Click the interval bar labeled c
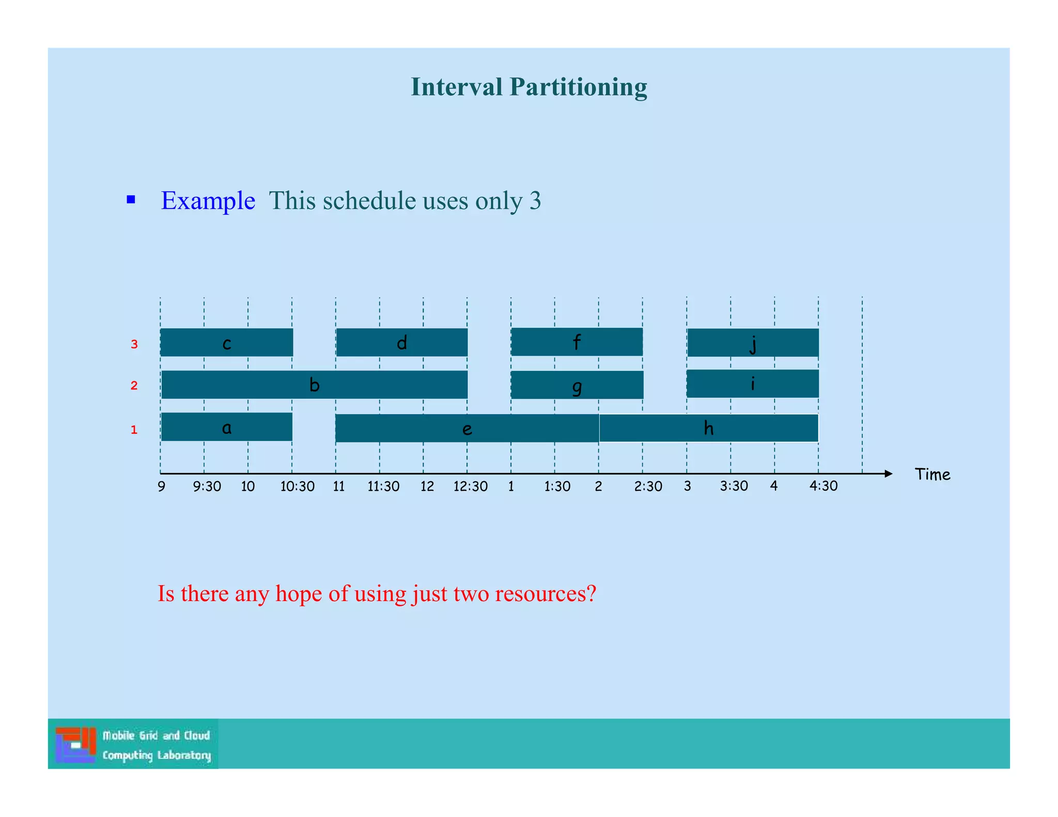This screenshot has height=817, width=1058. tap(226, 342)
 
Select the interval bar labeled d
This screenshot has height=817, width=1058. tap(401, 342)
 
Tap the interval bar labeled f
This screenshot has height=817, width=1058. tap(577, 342)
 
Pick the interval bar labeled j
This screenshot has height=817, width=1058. tap(753, 342)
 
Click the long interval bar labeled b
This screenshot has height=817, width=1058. tap(314, 385)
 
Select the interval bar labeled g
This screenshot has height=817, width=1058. tap(577, 385)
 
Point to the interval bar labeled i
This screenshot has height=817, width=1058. tap(752, 384)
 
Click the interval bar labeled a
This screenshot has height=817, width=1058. tap(226, 427)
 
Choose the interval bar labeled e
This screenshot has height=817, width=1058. tap(466, 429)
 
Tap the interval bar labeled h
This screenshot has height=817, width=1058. tap(708, 428)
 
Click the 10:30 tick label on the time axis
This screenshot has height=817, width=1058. tap(297, 486)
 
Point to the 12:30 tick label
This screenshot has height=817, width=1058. tap(470, 486)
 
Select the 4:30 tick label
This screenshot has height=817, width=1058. tap(823, 486)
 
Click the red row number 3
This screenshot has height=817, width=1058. tap(134, 344)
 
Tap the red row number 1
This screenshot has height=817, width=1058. tap(134, 430)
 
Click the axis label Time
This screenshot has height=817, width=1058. tap(932, 475)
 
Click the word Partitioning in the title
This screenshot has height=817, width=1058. tap(578, 87)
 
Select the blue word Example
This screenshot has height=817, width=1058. tap(208, 201)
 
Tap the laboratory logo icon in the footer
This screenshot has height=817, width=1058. tap(75, 744)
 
